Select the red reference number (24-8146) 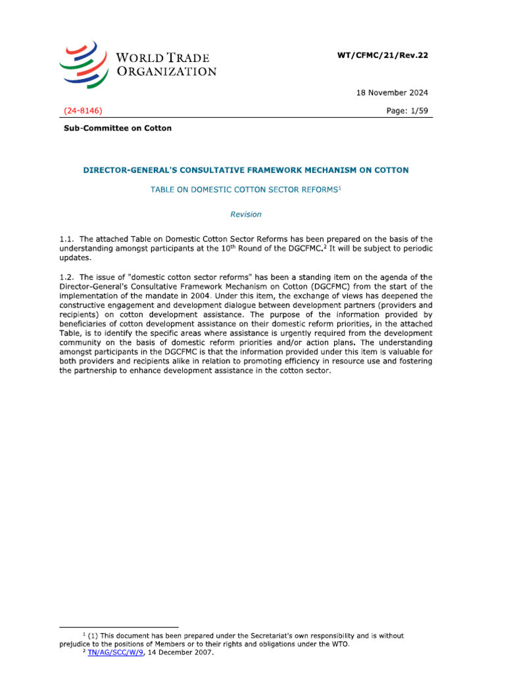point(83,111)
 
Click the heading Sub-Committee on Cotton point(118,128)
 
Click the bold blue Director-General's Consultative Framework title point(245,170)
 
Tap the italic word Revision point(245,214)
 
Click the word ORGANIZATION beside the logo point(166,71)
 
